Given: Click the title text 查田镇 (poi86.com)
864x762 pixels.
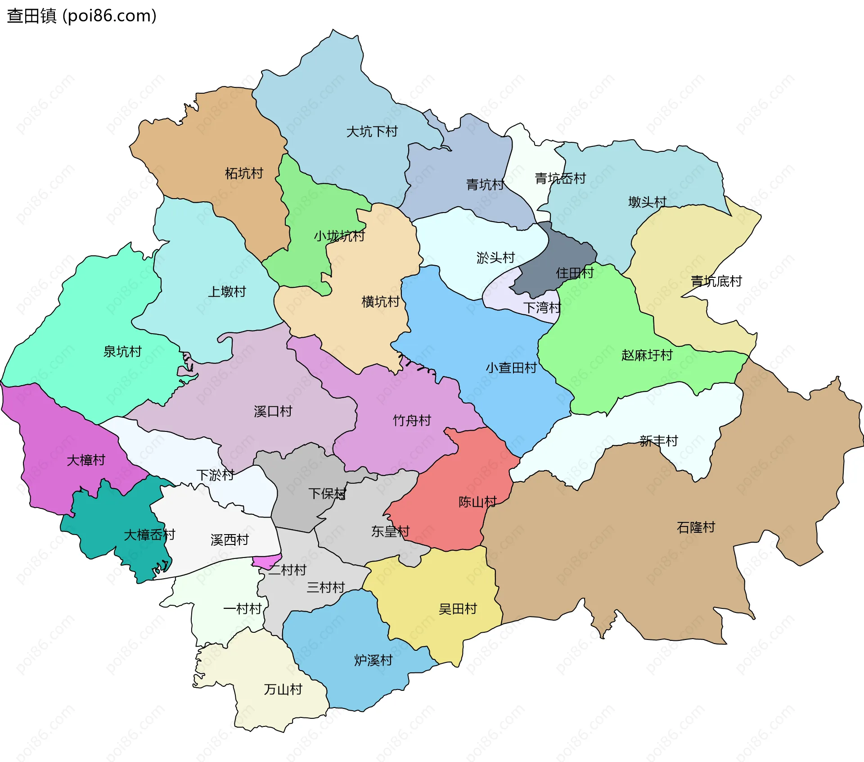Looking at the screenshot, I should point(81,16).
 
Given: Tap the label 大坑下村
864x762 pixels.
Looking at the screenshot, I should point(372,132).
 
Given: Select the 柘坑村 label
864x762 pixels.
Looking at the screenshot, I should point(243,173).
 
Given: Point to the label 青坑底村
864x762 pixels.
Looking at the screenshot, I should point(716,281).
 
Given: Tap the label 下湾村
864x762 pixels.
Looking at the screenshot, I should point(542,308).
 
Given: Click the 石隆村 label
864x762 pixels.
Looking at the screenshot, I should point(696,527).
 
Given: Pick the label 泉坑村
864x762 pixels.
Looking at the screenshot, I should point(122,352).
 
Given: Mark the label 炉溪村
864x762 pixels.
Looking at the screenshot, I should point(373,661).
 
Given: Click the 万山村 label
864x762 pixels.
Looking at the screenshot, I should point(283,689).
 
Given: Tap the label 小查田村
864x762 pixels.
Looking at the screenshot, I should point(511,368).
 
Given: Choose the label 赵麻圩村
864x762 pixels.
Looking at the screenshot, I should point(647,355).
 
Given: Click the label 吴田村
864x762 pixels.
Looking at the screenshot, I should point(458,609).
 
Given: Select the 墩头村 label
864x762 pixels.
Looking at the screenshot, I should point(647,202).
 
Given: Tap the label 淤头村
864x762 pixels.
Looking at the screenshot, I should point(495,258).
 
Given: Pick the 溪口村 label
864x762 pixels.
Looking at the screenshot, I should point(273,411).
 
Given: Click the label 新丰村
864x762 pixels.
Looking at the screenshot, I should point(658,441).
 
